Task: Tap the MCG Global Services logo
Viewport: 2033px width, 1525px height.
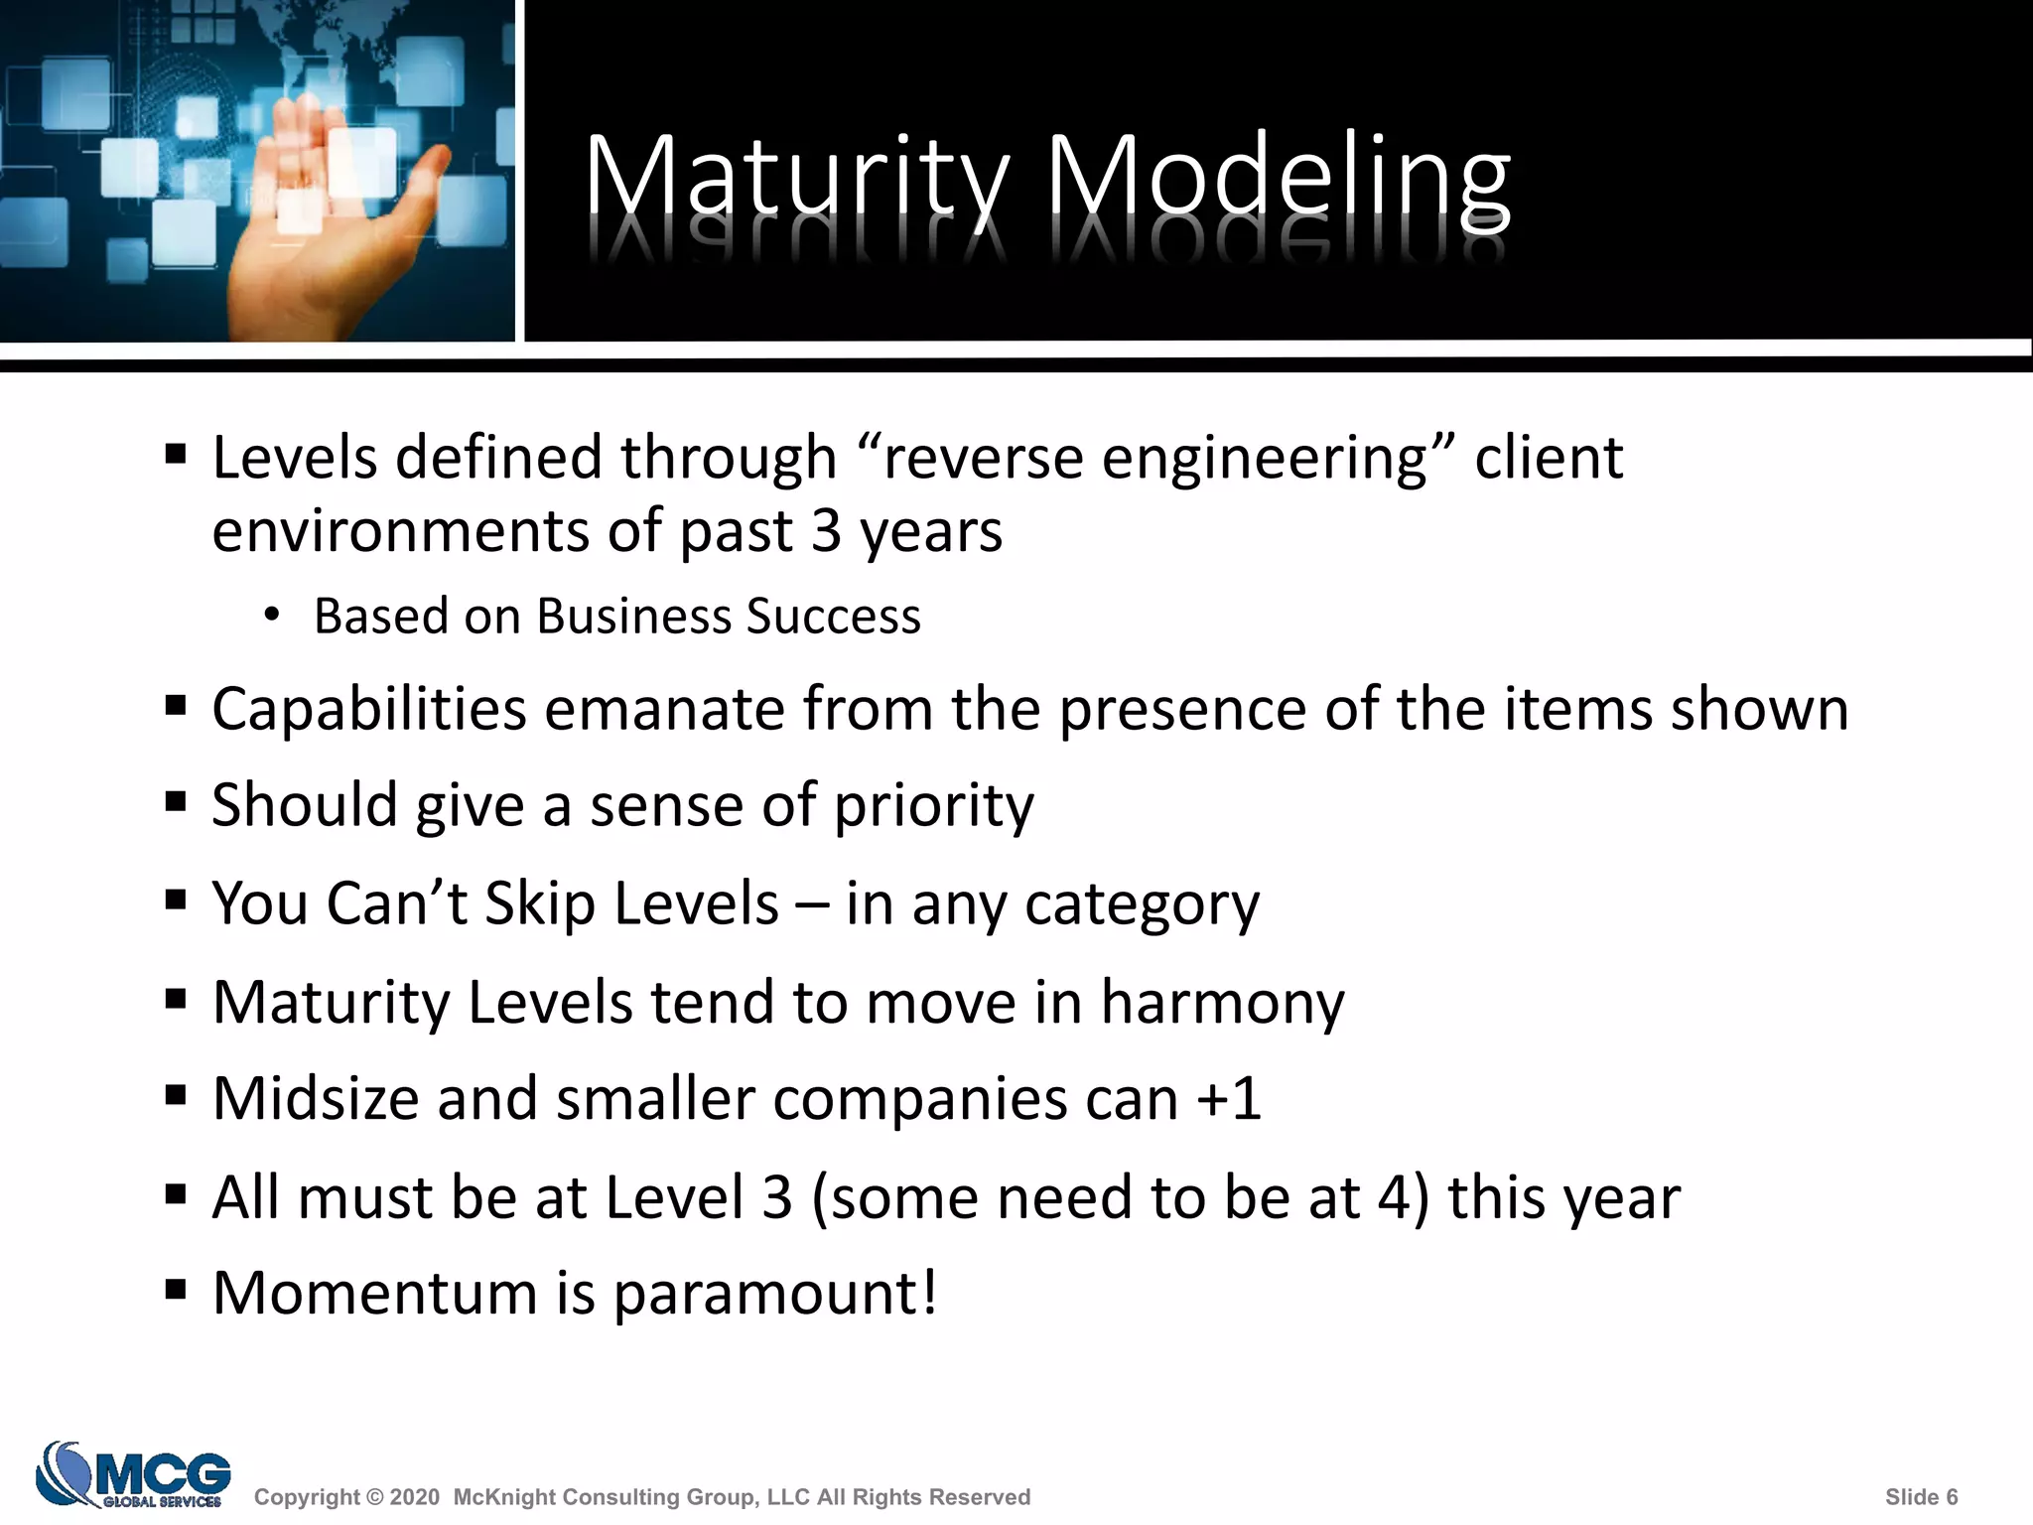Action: (x=133, y=1474)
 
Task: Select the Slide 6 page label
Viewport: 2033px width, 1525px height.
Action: (x=1921, y=1497)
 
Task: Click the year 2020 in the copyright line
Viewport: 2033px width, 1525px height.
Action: (x=414, y=1497)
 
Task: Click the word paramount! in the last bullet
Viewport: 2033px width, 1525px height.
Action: (x=774, y=1295)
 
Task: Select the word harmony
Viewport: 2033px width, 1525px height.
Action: (x=1222, y=1003)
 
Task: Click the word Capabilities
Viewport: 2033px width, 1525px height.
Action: (x=369, y=711)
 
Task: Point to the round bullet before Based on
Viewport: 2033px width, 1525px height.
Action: (x=272, y=616)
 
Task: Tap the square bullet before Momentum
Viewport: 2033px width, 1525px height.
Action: (x=177, y=1290)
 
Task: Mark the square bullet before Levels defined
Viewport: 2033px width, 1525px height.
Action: (x=177, y=455)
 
